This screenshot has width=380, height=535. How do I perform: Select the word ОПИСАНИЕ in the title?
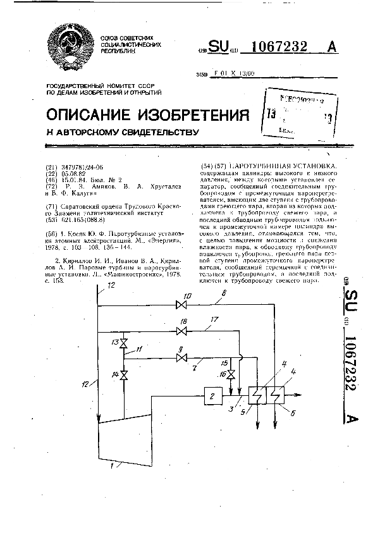[x=85, y=116]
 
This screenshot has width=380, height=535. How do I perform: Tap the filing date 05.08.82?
[x=73, y=171]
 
